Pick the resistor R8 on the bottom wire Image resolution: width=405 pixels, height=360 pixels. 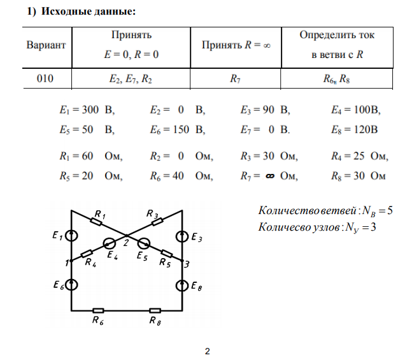click(155, 310)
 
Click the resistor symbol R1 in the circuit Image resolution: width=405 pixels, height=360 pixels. click(97, 221)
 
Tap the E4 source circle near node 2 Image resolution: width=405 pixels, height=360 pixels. click(110, 243)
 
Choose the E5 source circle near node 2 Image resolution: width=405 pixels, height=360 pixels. click(145, 243)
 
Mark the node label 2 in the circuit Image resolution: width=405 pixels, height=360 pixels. click(126, 243)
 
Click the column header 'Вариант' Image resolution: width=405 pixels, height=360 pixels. click(46, 46)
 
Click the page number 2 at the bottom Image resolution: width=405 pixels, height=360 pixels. click(207, 351)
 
